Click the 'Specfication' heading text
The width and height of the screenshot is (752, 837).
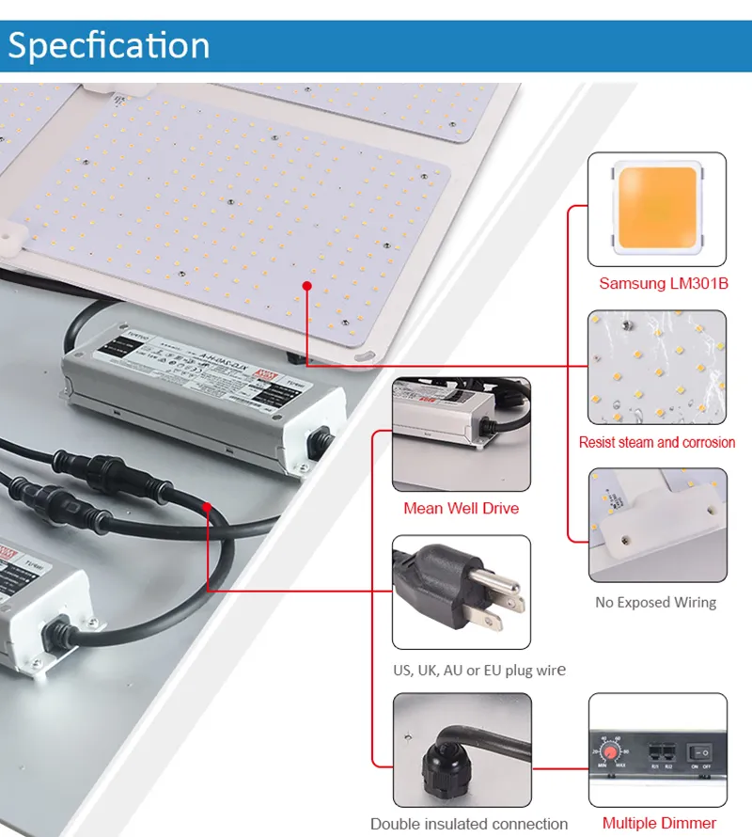[x=109, y=46]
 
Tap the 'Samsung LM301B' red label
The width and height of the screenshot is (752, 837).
[x=664, y=283]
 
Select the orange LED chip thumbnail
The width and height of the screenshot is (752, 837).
[x=657, y=210]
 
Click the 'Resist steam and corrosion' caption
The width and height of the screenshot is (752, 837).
[x=656, y=442]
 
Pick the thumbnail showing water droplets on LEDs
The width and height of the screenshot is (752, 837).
[x=657, y=368]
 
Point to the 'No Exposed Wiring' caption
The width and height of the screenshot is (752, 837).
[x=655, y=602]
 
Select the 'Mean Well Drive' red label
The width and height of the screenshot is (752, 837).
[x=461, y=509]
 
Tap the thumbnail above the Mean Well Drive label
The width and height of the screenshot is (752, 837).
[x=461, y=434]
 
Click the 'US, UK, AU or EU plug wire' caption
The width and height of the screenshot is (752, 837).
[x=478, y=671]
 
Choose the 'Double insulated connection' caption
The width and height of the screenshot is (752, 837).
[x=468, y=824]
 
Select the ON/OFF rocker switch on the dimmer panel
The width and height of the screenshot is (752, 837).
[x=703, y=754]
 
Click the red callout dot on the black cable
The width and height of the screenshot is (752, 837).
[x=206, y=507]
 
